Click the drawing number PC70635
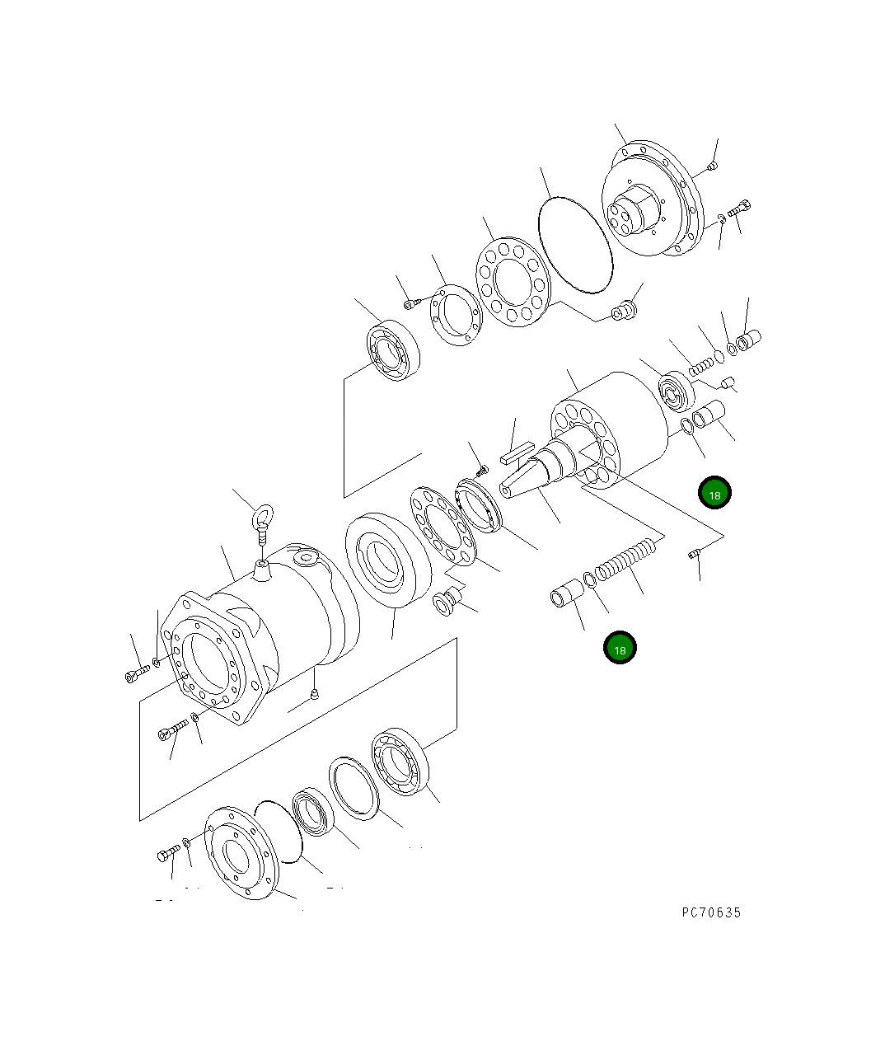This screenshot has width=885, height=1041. click(711, 912)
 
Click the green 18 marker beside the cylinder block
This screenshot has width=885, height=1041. click(714, 493)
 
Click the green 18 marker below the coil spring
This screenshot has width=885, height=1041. click(620, 648)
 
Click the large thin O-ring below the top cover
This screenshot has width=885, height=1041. click(574, 244)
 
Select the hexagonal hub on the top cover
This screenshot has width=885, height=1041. click(636, 211)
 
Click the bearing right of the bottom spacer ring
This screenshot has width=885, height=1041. click(400, 762)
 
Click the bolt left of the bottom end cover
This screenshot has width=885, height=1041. click(167, 854)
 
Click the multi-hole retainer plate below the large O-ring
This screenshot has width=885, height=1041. click(512, 281)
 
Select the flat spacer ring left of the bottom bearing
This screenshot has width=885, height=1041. click(354, 787)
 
